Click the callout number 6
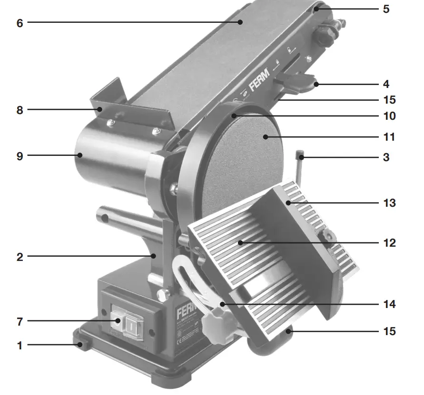(20, 22)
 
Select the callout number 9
(20, 155)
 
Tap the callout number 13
(389, 203)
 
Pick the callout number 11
(389, 137)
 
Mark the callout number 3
(386, 157)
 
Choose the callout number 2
(20, 257)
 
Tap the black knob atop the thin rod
(299, 154)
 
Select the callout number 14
(389, 304)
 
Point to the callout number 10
(389, 116)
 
